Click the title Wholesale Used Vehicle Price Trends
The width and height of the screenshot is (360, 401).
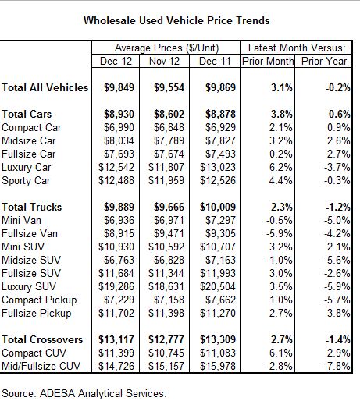pos(176,20)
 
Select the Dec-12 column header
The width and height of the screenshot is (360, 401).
pos(116,62)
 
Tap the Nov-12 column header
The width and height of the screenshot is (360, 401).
pos(164,62)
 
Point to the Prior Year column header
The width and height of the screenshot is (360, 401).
pos(324,62)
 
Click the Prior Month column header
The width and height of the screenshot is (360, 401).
pos(268,62)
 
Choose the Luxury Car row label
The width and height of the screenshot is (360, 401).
pos(27,168)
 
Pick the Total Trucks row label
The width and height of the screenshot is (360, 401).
pos(32,207)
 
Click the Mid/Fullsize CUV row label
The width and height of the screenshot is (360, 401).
pos(41,366)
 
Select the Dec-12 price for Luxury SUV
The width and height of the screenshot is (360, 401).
pos(116,286)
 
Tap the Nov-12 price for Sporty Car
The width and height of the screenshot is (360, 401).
pos(166,180)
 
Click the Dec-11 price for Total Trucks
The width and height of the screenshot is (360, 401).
pos(218,207)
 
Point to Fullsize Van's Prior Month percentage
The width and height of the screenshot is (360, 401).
pos(280,233)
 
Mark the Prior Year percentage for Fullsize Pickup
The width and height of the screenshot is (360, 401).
pos(339,313)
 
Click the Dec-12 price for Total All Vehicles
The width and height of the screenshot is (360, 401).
pos(119,87)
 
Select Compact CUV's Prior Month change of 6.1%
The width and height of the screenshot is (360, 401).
pos(281,353)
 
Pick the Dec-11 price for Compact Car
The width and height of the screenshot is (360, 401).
pos(220,127)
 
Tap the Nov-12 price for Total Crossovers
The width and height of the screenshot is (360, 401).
pos(166,339)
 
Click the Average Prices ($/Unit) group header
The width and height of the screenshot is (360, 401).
pos(166,48)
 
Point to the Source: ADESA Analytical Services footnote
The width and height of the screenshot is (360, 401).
pos(84,393)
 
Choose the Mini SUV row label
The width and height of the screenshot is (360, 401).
pos(23,247)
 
